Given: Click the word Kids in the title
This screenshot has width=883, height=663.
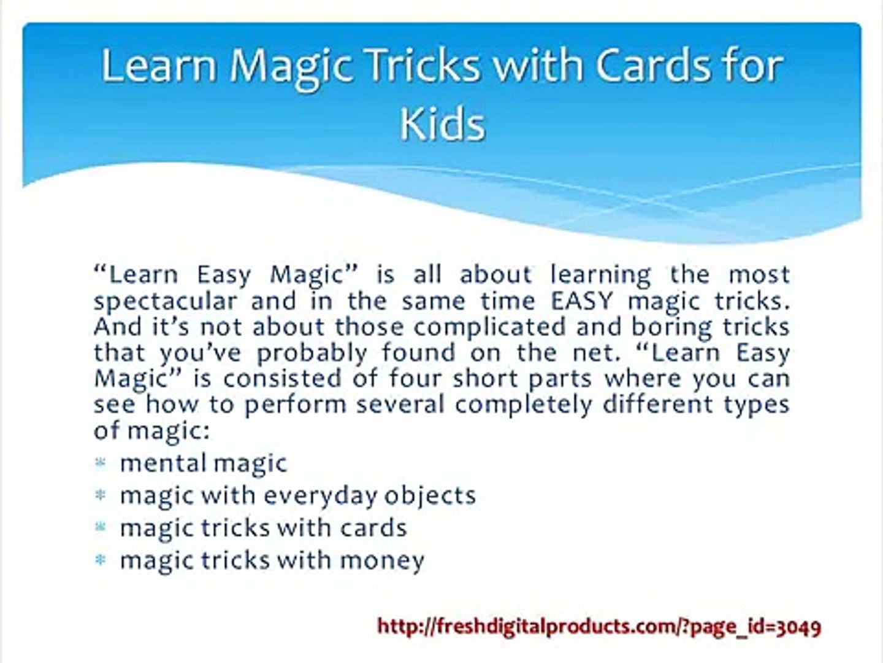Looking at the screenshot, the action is point(442,124).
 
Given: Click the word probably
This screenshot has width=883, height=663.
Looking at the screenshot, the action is point(312,354).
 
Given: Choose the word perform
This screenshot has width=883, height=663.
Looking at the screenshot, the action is point(296,405).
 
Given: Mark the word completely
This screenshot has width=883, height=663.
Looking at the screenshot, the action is point(524,405).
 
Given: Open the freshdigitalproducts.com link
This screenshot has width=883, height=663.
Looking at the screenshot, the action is point(599,627).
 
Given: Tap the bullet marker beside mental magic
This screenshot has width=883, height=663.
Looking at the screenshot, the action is point(100,463).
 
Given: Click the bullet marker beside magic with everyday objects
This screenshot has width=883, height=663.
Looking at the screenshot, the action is point(100,495).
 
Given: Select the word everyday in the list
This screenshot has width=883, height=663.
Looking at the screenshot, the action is point(320,497).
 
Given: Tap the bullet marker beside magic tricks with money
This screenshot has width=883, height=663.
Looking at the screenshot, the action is point(100,560).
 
